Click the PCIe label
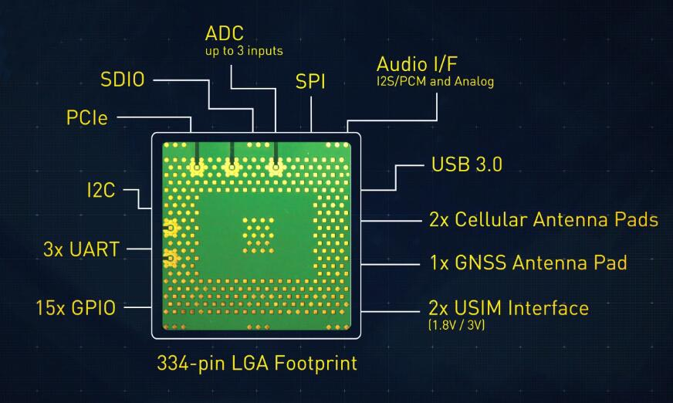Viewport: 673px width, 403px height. pos(86,119)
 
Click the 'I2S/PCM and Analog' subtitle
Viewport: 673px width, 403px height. pos(435,80)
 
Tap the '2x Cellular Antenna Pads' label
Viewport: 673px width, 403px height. pos(543,219)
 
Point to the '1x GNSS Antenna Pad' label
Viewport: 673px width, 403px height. pos(528,262)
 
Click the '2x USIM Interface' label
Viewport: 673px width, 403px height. pos(509,309)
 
